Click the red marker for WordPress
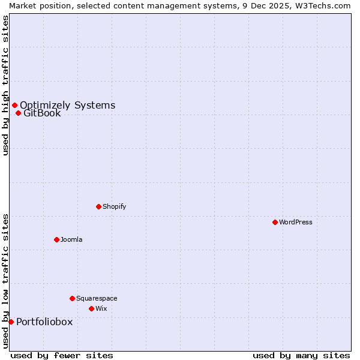[275, 222]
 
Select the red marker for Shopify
[98, 206]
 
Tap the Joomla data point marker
[56, 239]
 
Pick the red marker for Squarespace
[72, 298]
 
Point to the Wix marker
[91, 308]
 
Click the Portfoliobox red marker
[11, 322]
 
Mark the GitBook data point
[18, 113]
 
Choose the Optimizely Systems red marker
[14, 106]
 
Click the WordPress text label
[296, 222]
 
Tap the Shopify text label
[115, 206]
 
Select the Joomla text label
[71, 239]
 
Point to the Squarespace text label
[97, 298]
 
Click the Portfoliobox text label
[44, 322]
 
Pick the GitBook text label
[42, 113]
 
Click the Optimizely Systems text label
[67, 106]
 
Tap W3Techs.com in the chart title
[326, 5]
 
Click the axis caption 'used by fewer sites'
[62, 355]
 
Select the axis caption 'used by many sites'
[301, 355]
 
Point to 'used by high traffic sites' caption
[5, 85]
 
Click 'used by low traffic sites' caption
[5, 281]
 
